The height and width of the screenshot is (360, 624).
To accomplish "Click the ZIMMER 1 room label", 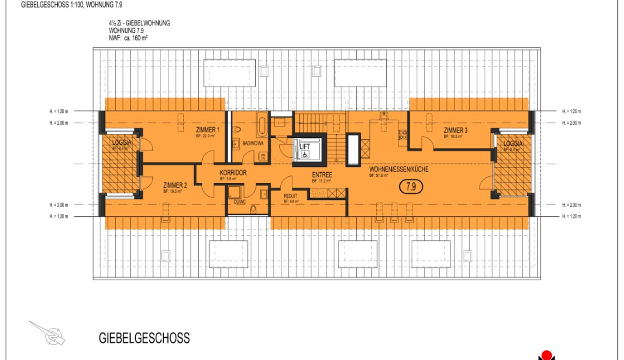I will click(208, 130).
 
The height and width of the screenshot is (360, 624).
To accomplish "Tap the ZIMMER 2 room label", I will click(175, 185).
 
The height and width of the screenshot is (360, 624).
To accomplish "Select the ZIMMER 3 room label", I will click(455, 130).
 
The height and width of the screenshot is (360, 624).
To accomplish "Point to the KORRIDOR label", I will click(233, 173).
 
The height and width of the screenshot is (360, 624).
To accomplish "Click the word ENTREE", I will click(322, 175).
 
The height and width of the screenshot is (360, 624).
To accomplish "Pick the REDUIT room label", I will click(290, 196).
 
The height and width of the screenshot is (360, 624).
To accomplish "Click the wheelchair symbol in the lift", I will click(305, 154).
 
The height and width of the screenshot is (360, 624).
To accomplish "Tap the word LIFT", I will click(305, 146).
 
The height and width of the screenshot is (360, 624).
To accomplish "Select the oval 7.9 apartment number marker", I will click(411, 187).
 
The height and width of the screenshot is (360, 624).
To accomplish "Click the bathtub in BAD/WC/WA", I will click(262, 124).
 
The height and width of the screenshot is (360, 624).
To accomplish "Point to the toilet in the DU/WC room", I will click(253, 209).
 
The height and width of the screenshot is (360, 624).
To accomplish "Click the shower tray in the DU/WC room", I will click(234, 192).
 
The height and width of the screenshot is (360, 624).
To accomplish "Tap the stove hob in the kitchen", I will click(403, 135).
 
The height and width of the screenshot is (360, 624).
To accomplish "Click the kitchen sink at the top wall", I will click(384, 116).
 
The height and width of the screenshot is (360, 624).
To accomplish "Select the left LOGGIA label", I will click(122, 143).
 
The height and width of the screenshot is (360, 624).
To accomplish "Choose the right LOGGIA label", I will click(513, 143).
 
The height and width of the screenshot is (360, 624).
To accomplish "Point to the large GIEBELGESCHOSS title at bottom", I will click(144, 338).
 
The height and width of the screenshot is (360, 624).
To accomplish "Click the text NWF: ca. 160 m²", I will click(128, 38).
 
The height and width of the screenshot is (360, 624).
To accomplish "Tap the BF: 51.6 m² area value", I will click(379, 176).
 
